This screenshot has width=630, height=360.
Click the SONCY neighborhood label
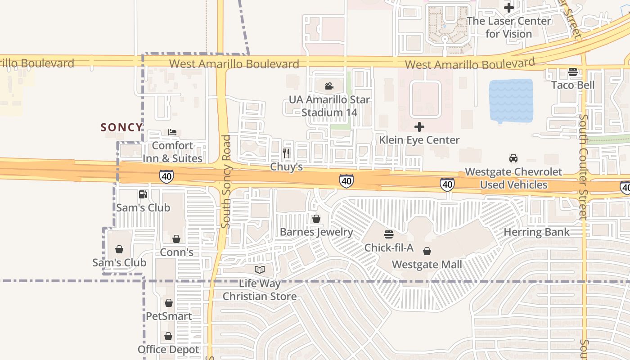[x=121, y=127]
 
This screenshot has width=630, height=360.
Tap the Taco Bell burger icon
[x=573, y=72]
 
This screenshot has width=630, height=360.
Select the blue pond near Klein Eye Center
[x=511, y=101]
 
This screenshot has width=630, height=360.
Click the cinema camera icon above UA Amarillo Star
[x=329, y=86]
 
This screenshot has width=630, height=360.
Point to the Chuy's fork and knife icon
[x=286, y=153]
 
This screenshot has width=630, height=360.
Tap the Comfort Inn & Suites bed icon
[x=172, y=132]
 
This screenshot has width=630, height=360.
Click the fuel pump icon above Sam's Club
[x=143, y=194]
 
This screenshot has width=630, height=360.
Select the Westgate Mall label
[x=427, y=264]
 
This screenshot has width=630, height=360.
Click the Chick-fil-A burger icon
[x=389, y=234]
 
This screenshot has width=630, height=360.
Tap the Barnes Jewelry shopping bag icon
[x=316, y=219]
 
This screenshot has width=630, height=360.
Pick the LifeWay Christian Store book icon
[x=260, y=270]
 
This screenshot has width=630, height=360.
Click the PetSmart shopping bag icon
[x=169, y=303]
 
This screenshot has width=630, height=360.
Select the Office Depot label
[x=168, y=350]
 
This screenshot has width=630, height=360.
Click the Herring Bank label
[x=536, y=232]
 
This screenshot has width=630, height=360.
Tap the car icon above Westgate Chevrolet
[x=513, y=158]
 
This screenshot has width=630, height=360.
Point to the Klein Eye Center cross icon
[x=419, y=127]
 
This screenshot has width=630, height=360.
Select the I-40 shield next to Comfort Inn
[x=166, y=176]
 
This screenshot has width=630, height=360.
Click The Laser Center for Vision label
[x=509, y=27]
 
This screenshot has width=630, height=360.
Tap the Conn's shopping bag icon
[x=176, y=239]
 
